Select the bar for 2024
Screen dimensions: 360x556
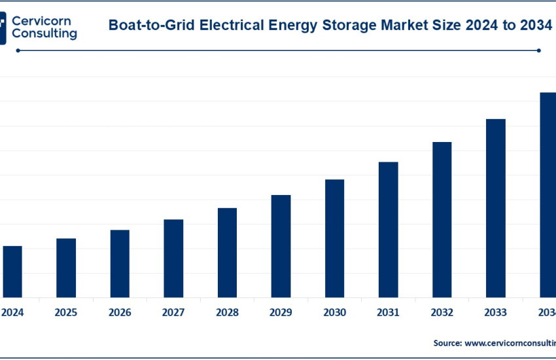click(12, 271)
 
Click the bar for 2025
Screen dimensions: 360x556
click(66, 267)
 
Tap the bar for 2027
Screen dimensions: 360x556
click(173, 258)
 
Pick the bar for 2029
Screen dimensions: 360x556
click(281, 245)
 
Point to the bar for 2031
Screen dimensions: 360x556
click(389, 229)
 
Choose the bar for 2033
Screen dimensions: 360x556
click(496, 207)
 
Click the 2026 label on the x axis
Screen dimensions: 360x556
click(120, 314)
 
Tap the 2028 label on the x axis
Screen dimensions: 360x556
click(227, 314)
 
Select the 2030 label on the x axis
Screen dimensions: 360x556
click(335, 314)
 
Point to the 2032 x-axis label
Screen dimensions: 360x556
click(442, 314)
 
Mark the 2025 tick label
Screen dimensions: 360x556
click(66, 314)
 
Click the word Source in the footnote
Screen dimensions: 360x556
click(447, 342)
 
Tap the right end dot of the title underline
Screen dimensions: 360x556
click(538, 50)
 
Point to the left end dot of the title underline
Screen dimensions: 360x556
click(18, 50)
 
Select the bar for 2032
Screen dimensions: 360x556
click(442, 219)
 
